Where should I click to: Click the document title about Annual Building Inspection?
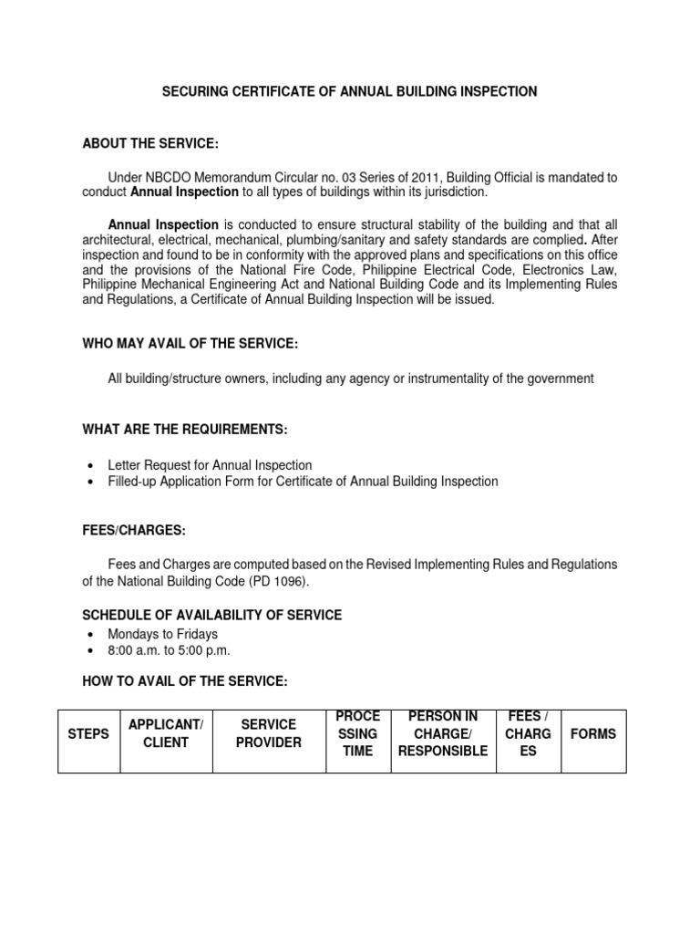click(349, 91)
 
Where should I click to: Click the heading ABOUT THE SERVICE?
click(150, 144)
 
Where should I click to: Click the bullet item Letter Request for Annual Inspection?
click(210, 465)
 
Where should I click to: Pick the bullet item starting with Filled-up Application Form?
click(303, 482)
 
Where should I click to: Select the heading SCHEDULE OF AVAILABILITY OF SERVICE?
click(212, 616)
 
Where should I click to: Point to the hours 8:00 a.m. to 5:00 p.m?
click(170, 650)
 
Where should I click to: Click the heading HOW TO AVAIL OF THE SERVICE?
click(185, 681)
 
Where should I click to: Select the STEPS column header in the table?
click(88, 733)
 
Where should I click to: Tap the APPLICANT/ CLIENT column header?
click(165, 733)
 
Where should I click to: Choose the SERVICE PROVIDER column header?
click(268, 733)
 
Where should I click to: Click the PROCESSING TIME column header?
click(358, 733)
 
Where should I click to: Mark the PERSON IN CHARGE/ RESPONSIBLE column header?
click(443, 733)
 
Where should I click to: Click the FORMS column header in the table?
click(592, 733)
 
